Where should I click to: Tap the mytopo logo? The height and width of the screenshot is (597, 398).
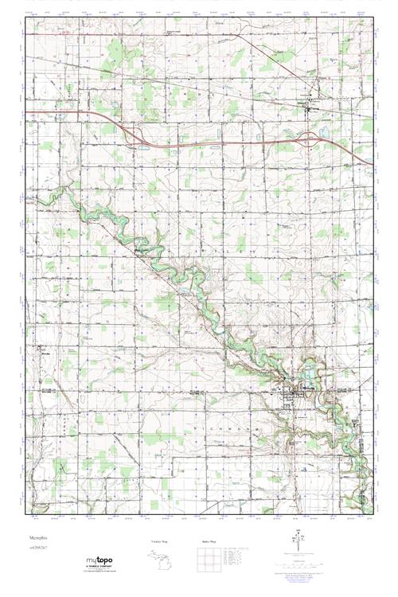click(x=98, y=559)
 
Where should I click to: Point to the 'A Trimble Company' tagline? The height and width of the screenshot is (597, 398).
click(x=99, y=567)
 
